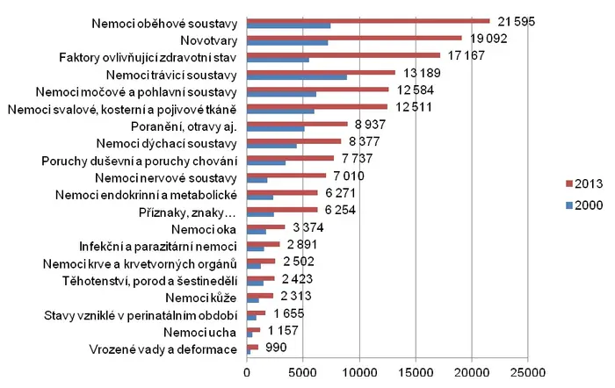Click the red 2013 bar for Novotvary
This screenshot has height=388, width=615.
click(354, 38)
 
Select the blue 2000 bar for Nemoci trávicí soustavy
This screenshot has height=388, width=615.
click(297, 77)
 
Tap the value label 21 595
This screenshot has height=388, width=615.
click(517, 21)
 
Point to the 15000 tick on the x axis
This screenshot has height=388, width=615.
click(416, 372)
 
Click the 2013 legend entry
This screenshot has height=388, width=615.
click(584, 183)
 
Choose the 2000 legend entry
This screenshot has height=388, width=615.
click(584, 205)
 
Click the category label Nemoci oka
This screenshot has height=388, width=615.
click(204, 229)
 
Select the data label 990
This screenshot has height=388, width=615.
click(276, 348)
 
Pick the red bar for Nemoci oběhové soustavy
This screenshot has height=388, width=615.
click(368, 21)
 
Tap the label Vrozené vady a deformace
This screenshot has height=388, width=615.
click(163, 349)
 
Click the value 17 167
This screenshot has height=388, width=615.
click(467, 55)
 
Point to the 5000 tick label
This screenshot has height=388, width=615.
click(303, 372)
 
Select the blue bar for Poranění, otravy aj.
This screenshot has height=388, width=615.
click(276, 128)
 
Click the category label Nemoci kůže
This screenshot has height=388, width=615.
click(201, 298)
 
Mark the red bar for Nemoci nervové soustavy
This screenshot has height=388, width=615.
click(286, 176)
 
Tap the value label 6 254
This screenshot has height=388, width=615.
click(340, 210)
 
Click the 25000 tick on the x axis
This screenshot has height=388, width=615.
click(528, 372)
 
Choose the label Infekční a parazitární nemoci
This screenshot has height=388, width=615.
click(158, 247)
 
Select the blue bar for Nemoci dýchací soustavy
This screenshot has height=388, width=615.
click(271, 146)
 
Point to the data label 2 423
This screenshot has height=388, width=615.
click(297, 278)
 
